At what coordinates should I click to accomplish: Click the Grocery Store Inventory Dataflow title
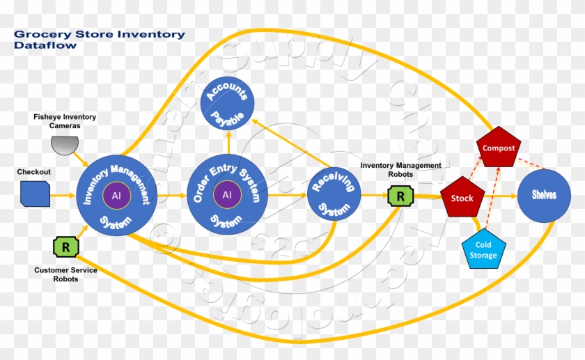(100, 40)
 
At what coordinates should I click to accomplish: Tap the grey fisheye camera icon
(65, 145)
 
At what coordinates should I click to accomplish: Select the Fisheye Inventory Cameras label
(65, 121)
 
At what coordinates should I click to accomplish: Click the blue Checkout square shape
(35, 194)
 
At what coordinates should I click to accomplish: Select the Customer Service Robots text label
(65, 274)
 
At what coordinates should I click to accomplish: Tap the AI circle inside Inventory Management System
(116, 195)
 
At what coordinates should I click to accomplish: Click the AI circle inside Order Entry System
(227, 195)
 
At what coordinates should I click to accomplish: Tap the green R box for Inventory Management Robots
(400, 196)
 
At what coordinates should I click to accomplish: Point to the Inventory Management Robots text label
(400, 169)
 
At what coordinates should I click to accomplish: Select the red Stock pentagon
(462, 198)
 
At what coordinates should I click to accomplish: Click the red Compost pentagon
(499, 148)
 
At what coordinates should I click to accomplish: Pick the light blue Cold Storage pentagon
(483, 249)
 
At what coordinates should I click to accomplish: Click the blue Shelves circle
(544, 196)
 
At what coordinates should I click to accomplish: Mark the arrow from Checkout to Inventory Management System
(64, 195)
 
